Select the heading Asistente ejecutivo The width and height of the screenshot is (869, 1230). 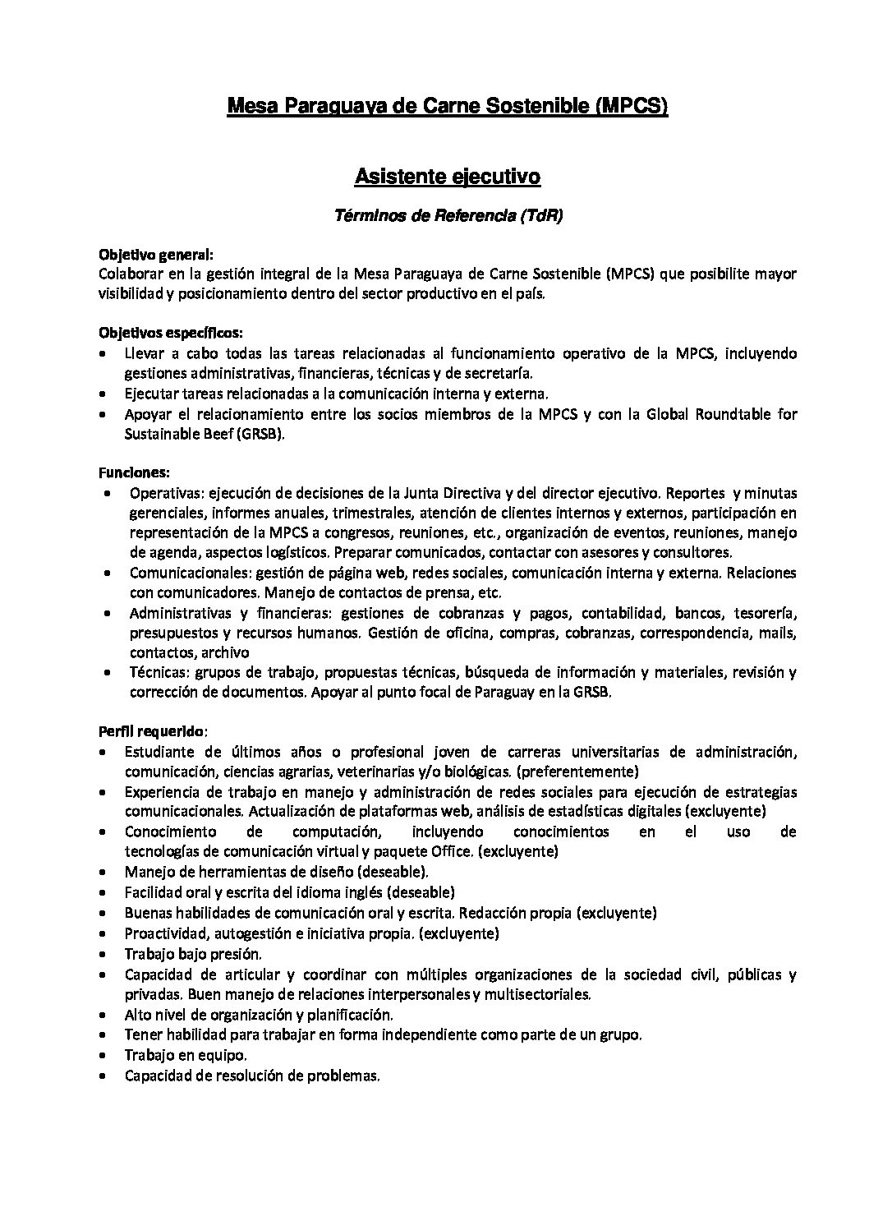click(446, 176)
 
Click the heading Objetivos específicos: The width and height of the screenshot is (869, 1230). click(171, 334)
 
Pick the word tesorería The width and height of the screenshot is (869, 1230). click(767, 613)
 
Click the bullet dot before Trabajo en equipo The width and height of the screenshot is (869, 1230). click(100, 1055)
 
